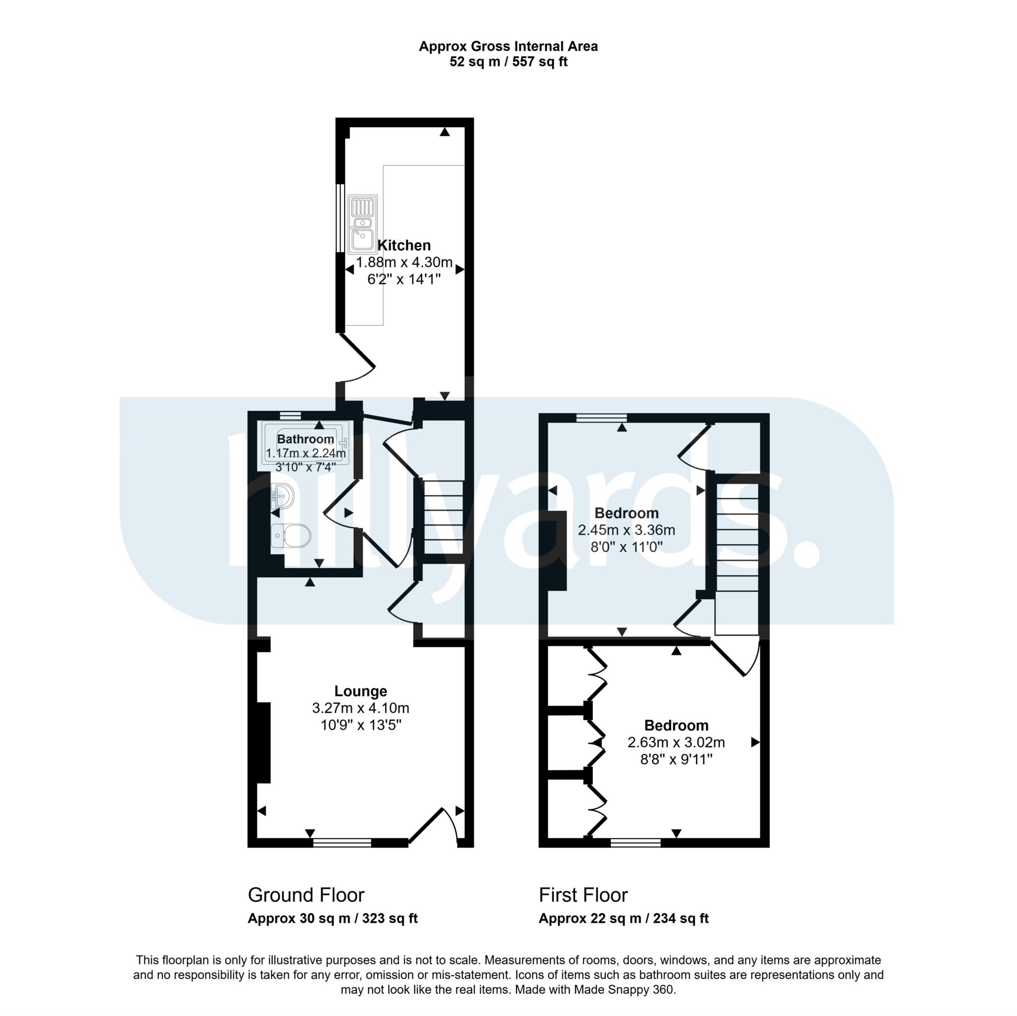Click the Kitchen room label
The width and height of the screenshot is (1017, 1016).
click(404, 245)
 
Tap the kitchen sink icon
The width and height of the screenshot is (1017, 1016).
click(362, 224)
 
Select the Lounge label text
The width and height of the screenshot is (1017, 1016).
click(361, 691)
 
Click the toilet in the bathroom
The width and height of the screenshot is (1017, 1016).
click(291, 536)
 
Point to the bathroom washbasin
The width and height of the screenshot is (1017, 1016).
click(283, 496)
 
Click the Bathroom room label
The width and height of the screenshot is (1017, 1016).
click(305, 439)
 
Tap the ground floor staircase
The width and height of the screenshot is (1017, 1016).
click(443, 517)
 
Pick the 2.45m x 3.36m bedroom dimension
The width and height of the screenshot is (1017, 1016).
click(626, 530)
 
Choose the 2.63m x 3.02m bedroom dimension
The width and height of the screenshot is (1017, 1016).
click(676, 743)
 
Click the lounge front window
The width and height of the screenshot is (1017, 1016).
click(342, 843)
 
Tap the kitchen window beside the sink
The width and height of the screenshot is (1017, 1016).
click(340, 218)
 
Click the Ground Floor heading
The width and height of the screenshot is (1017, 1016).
click(306, 895)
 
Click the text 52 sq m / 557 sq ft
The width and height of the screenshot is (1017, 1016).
click(508, 62)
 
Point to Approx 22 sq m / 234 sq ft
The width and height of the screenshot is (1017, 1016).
click(623, 919)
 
